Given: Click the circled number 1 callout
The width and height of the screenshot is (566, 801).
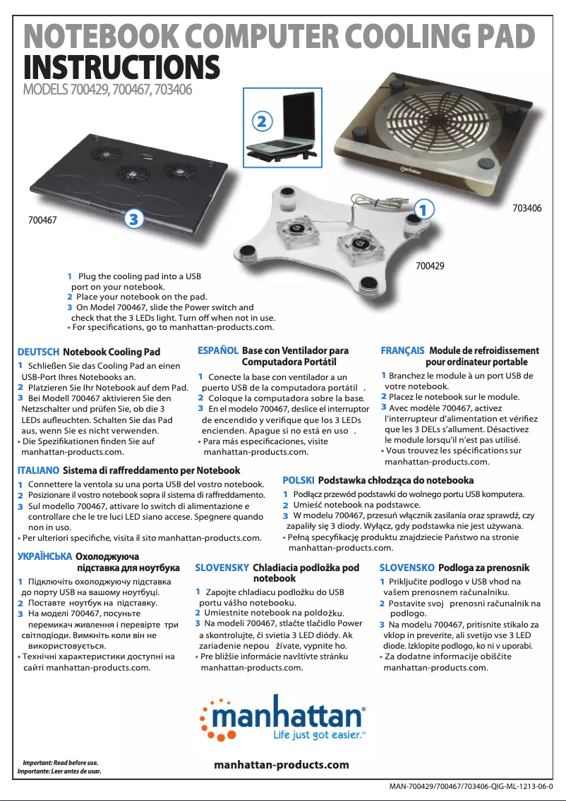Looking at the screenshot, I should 421,209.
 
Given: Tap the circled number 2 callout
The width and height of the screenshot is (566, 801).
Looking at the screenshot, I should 262,121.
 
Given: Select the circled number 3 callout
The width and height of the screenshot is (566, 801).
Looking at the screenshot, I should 135,220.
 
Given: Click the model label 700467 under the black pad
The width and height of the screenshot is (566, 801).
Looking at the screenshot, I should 42,220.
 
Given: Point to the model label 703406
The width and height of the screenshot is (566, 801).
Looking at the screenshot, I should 527,209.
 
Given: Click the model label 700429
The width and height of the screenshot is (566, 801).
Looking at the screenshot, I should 430,266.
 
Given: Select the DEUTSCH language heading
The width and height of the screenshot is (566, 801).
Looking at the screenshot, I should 37,352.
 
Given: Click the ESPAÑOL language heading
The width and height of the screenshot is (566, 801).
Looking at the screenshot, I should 217,350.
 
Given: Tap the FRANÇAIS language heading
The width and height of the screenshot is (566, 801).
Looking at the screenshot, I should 402,350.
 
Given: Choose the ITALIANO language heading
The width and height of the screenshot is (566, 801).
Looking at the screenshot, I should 37,470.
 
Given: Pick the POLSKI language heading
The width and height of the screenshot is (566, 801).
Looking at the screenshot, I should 298,480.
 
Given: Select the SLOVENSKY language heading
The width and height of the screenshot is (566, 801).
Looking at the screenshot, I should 222,568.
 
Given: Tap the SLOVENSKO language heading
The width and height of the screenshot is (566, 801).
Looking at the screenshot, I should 407,568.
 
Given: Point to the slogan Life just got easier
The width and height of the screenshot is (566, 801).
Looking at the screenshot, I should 318,736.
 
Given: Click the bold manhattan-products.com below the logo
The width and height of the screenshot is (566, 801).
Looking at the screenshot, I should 281,765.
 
